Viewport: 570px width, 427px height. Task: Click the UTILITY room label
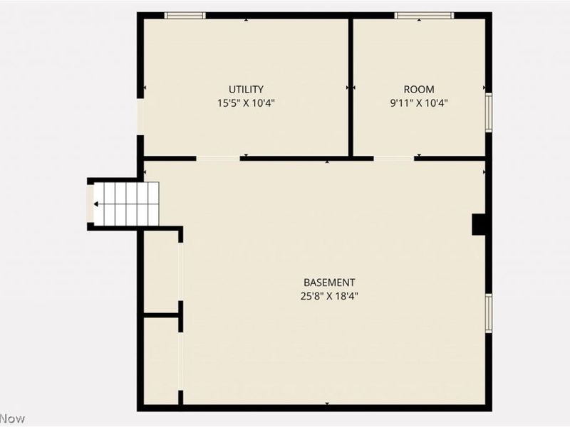(x=246, y=90)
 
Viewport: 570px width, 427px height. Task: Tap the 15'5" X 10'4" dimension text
(x=246, y=102)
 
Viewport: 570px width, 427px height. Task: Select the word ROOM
(x=419, y=90)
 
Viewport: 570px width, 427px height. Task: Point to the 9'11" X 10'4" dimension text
(x=419, y=102)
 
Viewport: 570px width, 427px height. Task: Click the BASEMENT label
(x=329, y=283)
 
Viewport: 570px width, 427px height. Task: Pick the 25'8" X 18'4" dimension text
(x=329, y=296)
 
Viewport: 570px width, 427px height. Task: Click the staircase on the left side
(x=125, y=204)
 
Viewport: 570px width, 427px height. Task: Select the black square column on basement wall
(x=479, y=223)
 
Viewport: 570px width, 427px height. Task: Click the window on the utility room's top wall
(x=185, y=15)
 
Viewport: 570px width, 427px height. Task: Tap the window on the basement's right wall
(x=489, y=313)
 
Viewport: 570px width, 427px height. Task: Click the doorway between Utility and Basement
(x=218, y=158)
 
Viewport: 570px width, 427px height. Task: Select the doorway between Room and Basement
(x=393, y=158)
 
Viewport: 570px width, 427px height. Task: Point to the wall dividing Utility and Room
(x=351, y=85)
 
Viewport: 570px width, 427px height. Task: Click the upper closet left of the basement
(x=161, y=272)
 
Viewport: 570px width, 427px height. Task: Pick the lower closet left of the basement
(x=161, y=360)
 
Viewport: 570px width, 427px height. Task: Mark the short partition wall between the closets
(x=162, y=315)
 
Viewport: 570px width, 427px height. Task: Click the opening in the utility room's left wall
(x=140, y=117)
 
